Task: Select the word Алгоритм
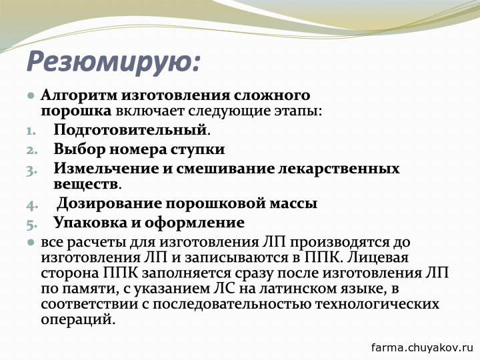click(x=79, y=95)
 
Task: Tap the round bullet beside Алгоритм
click(x=31, y=95)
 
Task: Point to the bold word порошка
click(x=76, y=112)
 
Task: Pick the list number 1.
click(x=31, y=131)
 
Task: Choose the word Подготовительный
click(x=131, y=130)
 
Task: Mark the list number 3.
click(x=31, y=170)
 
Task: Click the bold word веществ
click(x=86, y=185)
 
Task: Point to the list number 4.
click(x=32, y=205)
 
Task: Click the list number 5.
click(x=31, y=225)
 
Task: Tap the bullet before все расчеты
click(x=31, y=243)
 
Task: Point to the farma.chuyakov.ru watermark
click(x=423, y=347)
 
